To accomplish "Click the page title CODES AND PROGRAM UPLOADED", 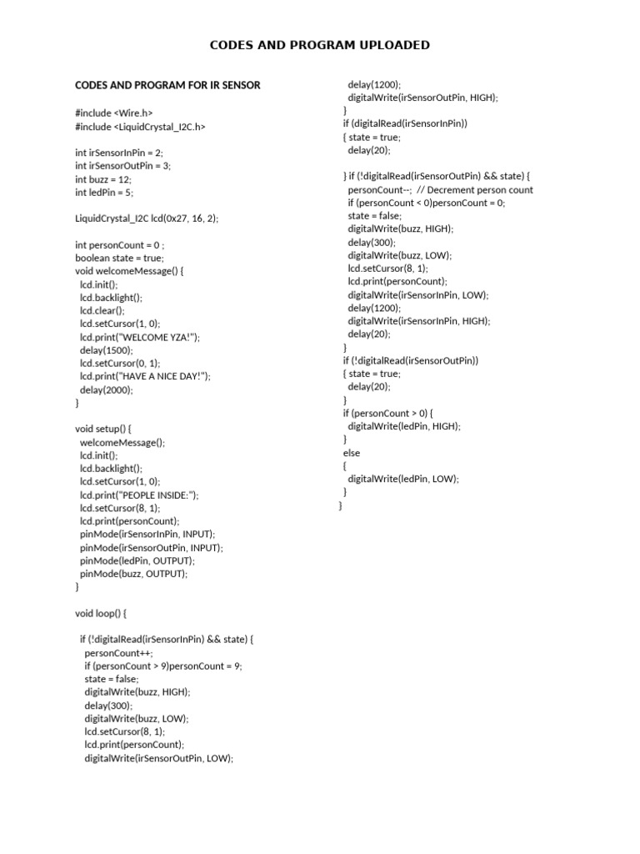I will point(320,45).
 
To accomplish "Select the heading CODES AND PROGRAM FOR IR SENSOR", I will point(167,85).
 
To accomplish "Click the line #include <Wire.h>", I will point(114,113).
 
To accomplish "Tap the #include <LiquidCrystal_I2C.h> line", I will point(140,126).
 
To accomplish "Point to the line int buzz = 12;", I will point(103,179).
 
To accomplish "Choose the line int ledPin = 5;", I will point(104,193).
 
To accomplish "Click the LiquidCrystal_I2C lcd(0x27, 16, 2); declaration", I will point(147,219).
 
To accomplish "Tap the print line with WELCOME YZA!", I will point(140,337).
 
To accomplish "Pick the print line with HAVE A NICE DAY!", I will point(145,377).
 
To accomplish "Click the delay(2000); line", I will point(106,389).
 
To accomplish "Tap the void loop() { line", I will point(101,613).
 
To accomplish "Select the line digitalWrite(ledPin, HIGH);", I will point(403,426).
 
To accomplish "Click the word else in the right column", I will point(352,453).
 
